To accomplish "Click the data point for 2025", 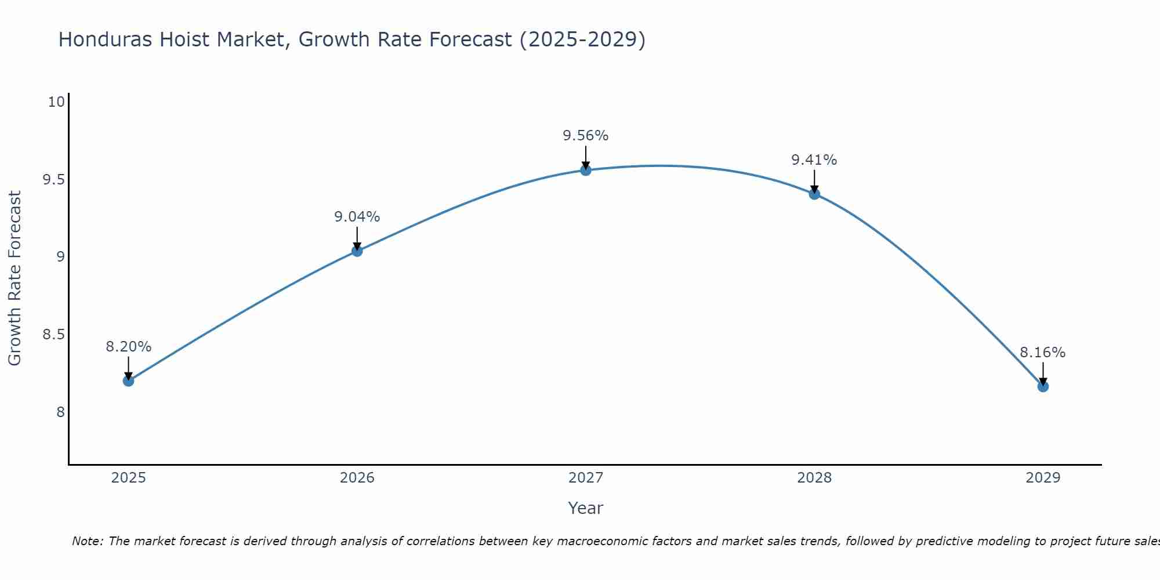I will pos(128,381).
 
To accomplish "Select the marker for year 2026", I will pos(357,251).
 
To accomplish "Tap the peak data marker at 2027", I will pos(586,170).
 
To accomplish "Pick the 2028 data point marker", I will pos(814,194).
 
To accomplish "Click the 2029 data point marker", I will pos(1043,387).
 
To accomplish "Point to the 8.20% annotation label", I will pos(128,347).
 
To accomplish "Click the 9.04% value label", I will pos(357,217).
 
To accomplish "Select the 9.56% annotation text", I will pos(586,136).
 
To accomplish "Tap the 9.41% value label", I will pos(814,160).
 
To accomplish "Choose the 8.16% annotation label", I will pos(1043,353).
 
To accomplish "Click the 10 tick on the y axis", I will pos(56,102).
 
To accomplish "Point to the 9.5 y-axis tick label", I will pos(53,180).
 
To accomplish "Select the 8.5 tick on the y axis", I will pos(53,335).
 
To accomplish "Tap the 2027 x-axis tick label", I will pos(586,478).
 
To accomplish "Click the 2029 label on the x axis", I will pos(1043,478).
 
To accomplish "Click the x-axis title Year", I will pos(586,508).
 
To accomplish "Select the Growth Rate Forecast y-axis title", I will pos(14,278).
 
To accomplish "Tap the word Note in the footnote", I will pos(87,541).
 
